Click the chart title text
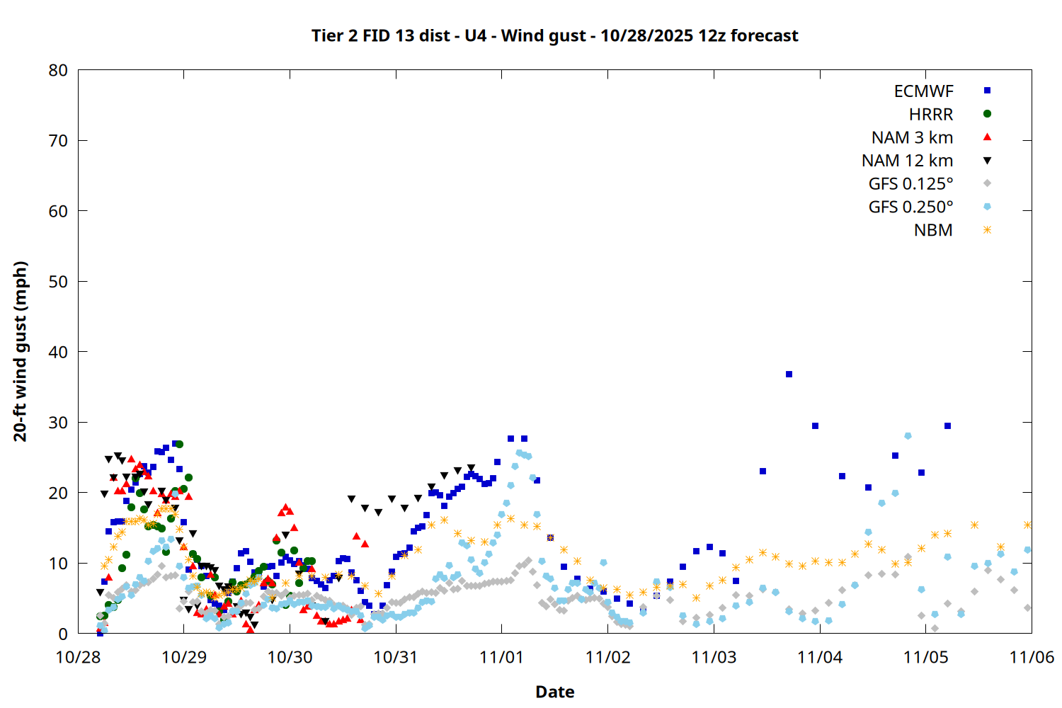pos(554,35)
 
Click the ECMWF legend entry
pos(923,91)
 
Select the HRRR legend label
pos(931,115)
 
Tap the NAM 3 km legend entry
pos(912,137)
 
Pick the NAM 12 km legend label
pos(907,161)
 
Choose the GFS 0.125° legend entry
pos(910,184)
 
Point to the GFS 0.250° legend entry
pos(910,207)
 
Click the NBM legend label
pos(933,230)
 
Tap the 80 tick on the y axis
pos(58,70)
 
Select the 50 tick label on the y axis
pos(58,281)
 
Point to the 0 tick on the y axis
pos(63,634)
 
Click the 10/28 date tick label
pos(78,657)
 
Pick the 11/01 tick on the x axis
pos(501,657)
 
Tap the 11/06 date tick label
pos(1031,657)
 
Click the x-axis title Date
pos(554,692)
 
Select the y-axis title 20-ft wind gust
pos(21,351)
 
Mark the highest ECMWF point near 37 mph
pos(789,374)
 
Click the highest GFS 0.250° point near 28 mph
pos(908,436)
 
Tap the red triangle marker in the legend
pos(987,137)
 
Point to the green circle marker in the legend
pos(987,114)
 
